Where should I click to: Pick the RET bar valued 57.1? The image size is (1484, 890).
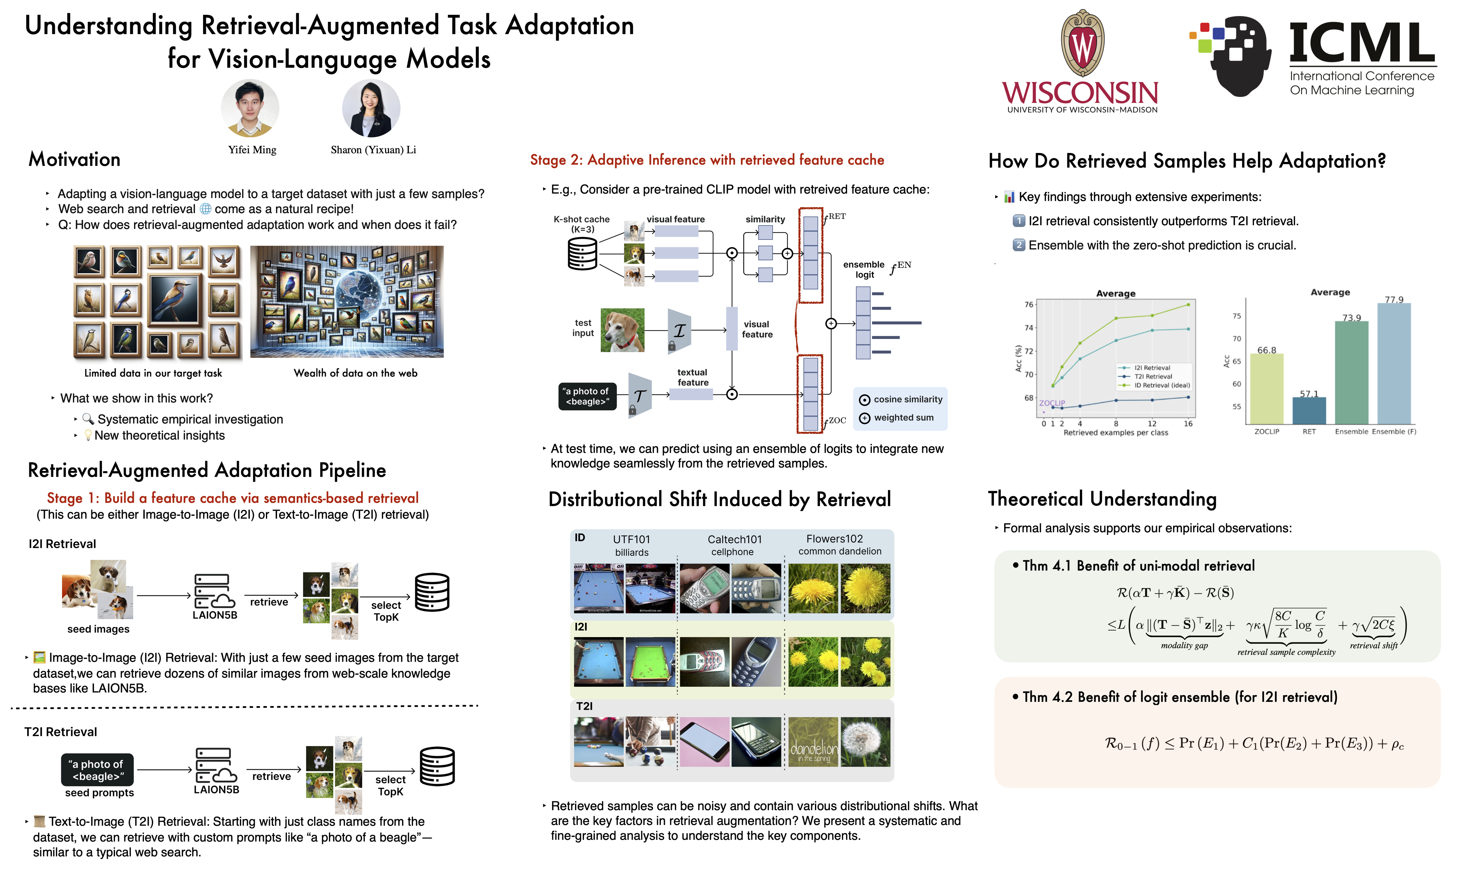1309,411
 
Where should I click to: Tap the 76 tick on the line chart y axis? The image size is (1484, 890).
1029,305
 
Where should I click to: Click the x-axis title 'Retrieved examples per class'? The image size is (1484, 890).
1116,432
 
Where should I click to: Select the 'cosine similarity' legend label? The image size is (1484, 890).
907,400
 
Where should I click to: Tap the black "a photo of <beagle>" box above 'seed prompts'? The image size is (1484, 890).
97,770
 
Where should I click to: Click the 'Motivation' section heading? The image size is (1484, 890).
75,159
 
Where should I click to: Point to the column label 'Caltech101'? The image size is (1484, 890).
734,539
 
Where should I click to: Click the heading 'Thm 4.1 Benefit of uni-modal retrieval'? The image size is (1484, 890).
1138,566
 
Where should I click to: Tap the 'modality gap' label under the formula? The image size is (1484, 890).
1183,645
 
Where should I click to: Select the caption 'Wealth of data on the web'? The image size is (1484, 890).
355,373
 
